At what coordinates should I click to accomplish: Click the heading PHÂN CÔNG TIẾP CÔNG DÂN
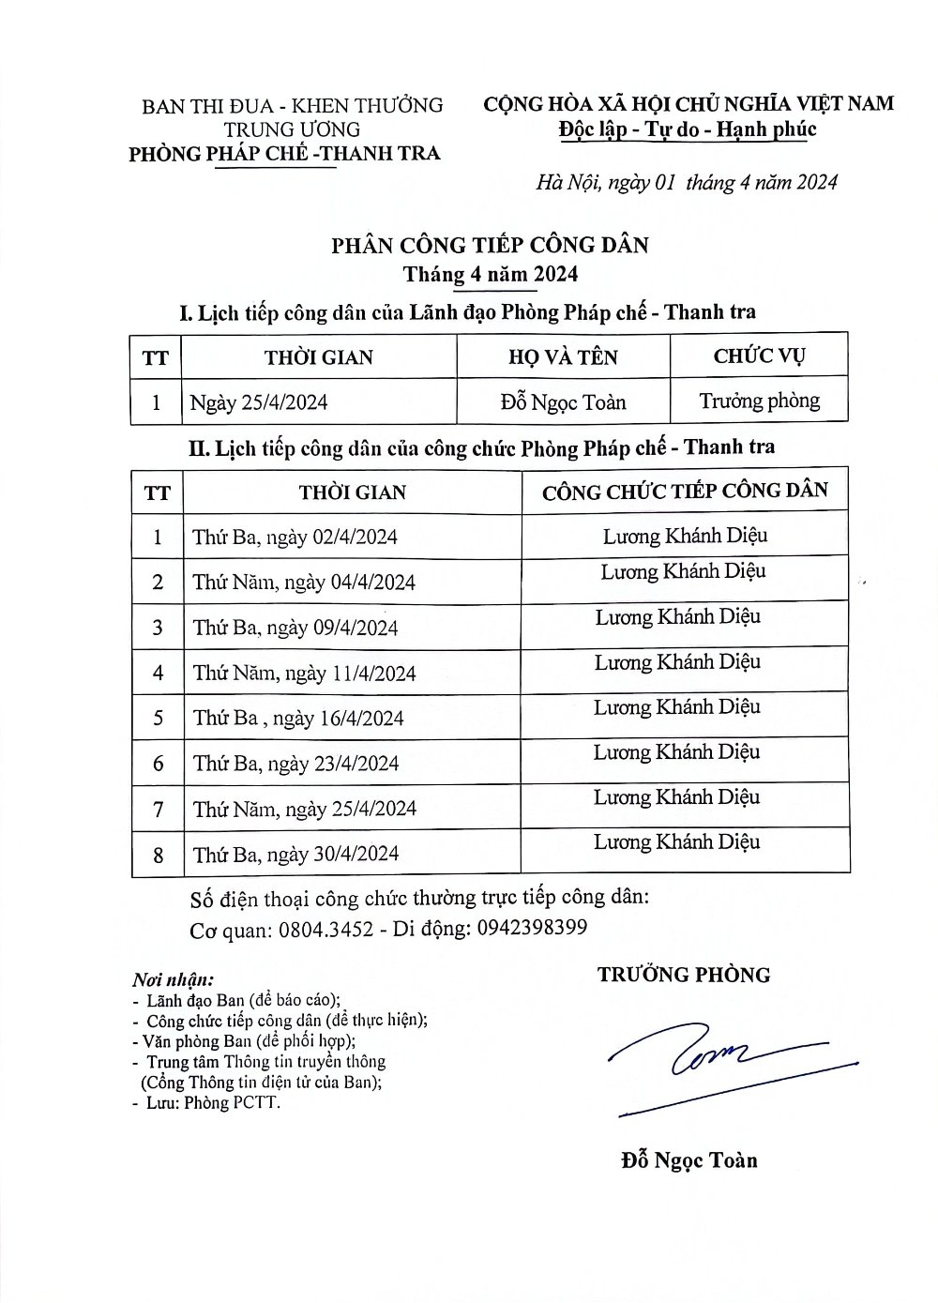(x=490, y=246)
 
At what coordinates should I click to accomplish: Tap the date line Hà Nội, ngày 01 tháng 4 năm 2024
(x=687, y=182)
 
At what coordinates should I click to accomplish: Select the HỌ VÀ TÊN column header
(x=563, y=356)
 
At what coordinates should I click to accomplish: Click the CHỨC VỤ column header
(x=759, y=356)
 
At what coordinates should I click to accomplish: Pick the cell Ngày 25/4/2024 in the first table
(x=259, y=402)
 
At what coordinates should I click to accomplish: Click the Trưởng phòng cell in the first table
(x=759, y=402)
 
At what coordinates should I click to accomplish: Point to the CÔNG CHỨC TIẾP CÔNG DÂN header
(x=685, y=491)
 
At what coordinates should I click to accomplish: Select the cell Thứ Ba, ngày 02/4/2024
(x=295, y=537)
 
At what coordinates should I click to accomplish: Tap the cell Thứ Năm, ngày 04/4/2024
(x=304, y=583)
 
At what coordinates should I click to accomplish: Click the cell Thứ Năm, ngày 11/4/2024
(x=304, y=673)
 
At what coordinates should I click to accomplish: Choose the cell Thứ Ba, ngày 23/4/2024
(x=295, y=764)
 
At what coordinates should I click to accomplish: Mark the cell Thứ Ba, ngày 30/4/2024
(x=295, y=854)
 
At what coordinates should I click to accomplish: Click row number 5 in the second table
(x=158, y=718)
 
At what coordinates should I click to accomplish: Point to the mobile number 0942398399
(x=532, y=928)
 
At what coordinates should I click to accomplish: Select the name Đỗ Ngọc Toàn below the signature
(x=689, y=1160)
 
